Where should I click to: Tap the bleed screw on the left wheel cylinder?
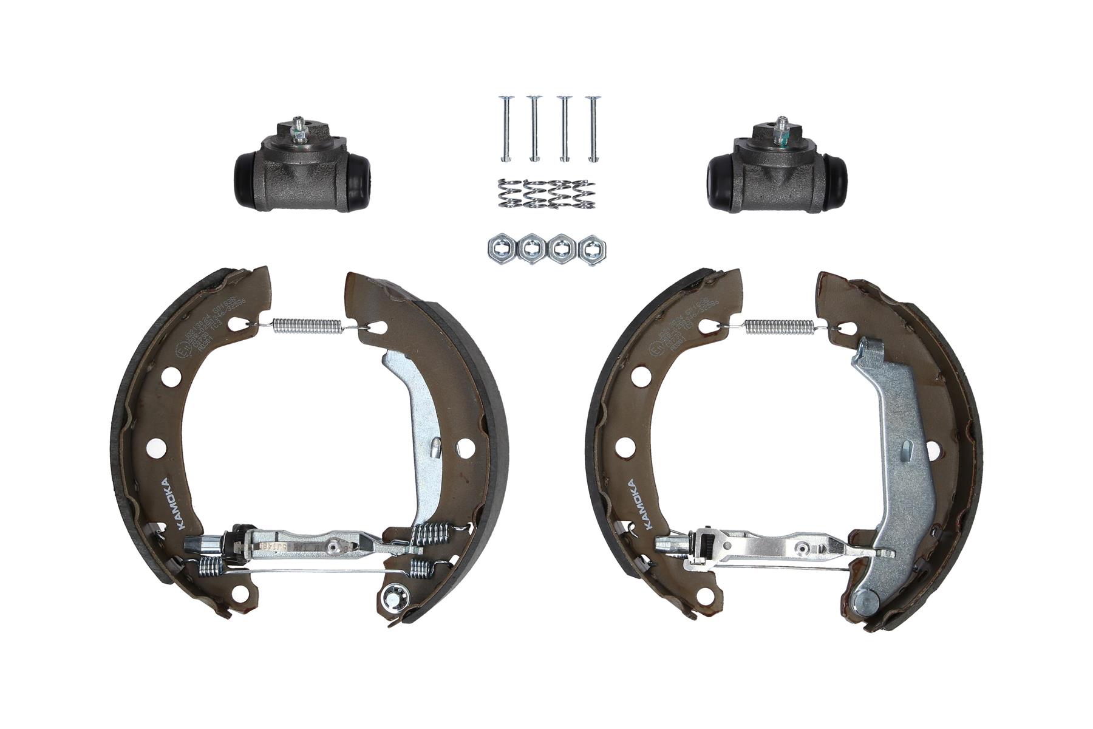point(298,129)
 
